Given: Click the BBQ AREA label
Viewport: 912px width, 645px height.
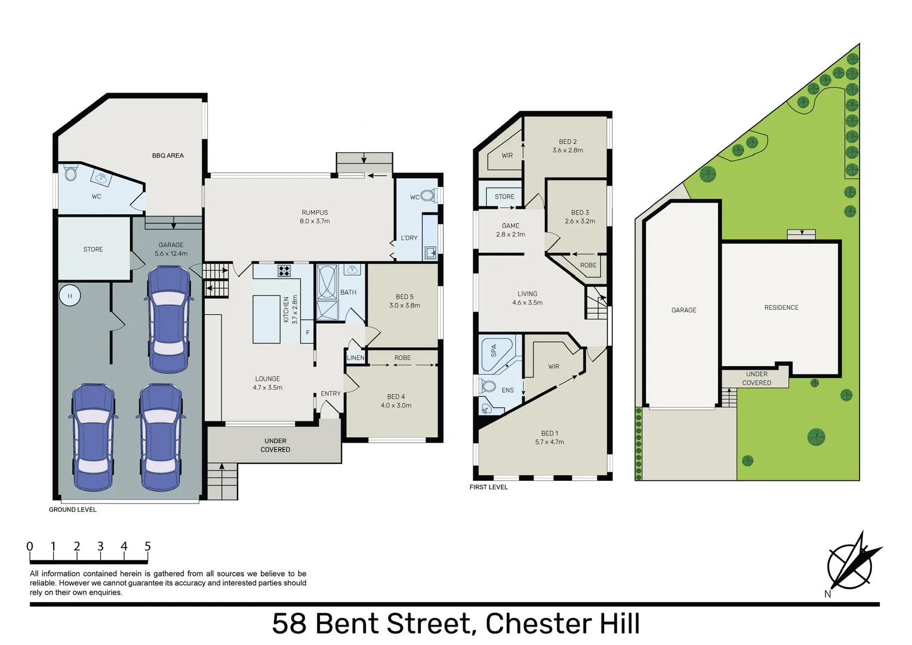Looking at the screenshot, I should tap(168, 155).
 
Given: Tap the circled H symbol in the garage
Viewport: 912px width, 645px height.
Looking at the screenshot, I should tap(70, 296).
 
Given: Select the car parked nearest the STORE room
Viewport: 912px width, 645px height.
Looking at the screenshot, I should tap(170, 320).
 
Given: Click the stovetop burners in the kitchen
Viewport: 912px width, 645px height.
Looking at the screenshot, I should tap(284, 271).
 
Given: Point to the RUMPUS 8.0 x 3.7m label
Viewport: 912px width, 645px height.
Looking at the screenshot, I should tap(315, 217).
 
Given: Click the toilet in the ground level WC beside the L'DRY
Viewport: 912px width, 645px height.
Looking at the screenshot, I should tap(427, 196).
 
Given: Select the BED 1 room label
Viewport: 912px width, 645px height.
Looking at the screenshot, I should tap(549, 437).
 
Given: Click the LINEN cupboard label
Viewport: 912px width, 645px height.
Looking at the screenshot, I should tap(355, 358).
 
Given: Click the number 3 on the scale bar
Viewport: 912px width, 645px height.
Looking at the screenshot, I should tap(100, 546).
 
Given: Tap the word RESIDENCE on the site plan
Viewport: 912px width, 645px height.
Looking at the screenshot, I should tap(781, 308).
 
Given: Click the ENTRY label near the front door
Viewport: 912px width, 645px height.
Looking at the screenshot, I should tap(331, 394).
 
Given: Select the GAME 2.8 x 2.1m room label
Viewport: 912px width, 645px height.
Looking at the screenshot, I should tap(510, 230).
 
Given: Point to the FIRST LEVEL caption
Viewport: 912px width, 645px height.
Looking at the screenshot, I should tap(488, 487).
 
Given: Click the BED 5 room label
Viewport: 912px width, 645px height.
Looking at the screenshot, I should tap(405, 301).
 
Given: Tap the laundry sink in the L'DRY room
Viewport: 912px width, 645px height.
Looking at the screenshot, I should tap(430, 253).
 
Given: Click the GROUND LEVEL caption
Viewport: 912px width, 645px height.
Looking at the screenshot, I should tap(73, 509).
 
